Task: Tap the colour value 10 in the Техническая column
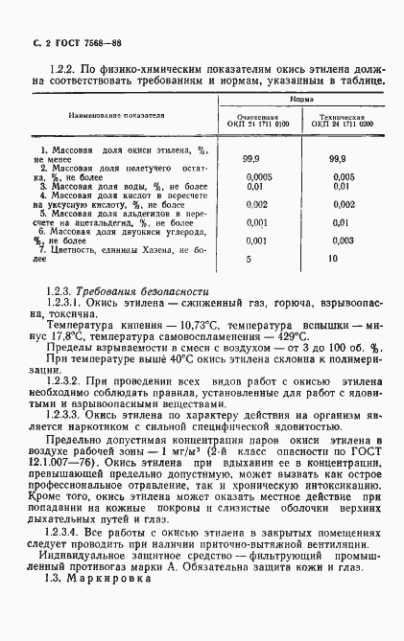coord(333,259)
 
